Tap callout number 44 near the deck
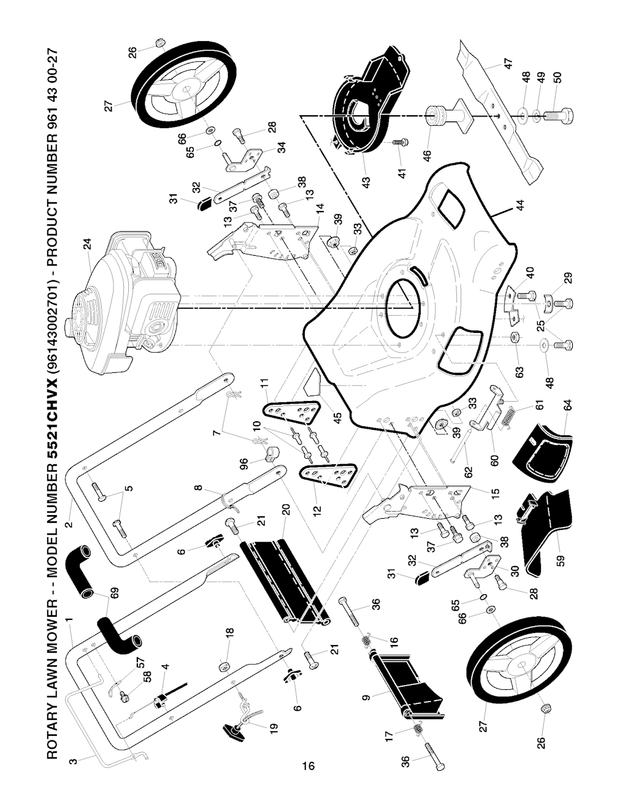[x=521, y=206]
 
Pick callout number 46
[x=427, y=156]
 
